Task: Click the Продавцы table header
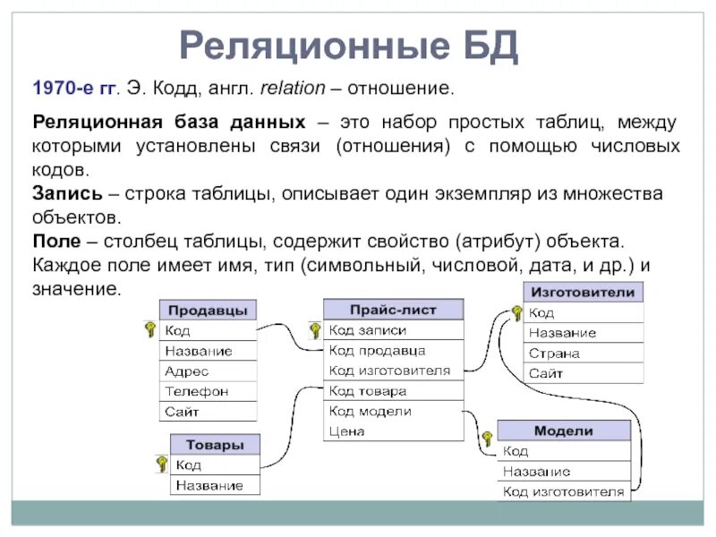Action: click(208, 311)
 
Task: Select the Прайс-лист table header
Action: click(393, 310)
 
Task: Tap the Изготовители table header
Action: click(583, 293)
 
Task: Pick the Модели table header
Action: click(563, 430)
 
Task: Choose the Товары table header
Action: click(215, 445)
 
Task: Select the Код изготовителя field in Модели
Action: click(563, 491)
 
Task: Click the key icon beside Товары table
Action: click(162, 464)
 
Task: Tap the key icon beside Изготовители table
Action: click(516, 312)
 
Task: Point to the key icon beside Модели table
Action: click(487, 439)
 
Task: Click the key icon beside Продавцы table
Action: click(149, 329)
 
